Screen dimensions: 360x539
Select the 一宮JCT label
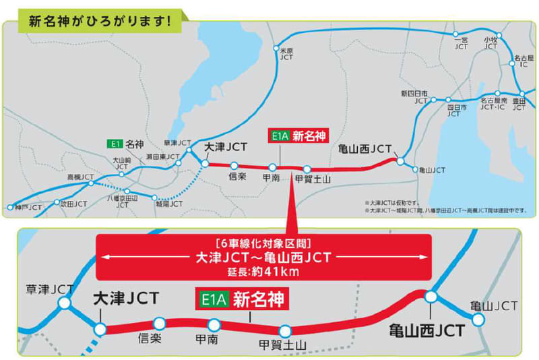pos(461,44)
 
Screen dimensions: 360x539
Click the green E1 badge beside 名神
pos(115,144)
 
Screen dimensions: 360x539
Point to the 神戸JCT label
pos(28,208)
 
